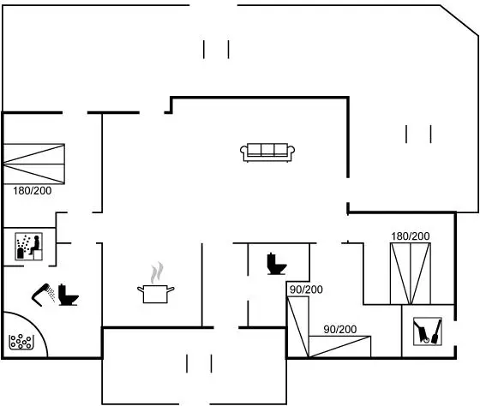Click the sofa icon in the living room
[267, 152]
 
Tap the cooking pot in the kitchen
[155, 294]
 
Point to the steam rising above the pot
[156, 272]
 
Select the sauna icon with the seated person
[29, 247]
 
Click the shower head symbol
[43, 295]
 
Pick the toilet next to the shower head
[69, 295]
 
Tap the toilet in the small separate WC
[276, 264]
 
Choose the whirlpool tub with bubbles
[21, 342]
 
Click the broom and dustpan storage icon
[428, 331]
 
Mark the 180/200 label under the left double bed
[33, 191]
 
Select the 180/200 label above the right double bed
[411, 236]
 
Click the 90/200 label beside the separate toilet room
[306, 290]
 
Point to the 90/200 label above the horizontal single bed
[340, 329]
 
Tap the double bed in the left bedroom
[33, 164]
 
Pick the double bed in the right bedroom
[411, 273]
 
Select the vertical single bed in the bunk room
[298, 326]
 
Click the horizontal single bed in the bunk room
[339, 347]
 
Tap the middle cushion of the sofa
[267, 150]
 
